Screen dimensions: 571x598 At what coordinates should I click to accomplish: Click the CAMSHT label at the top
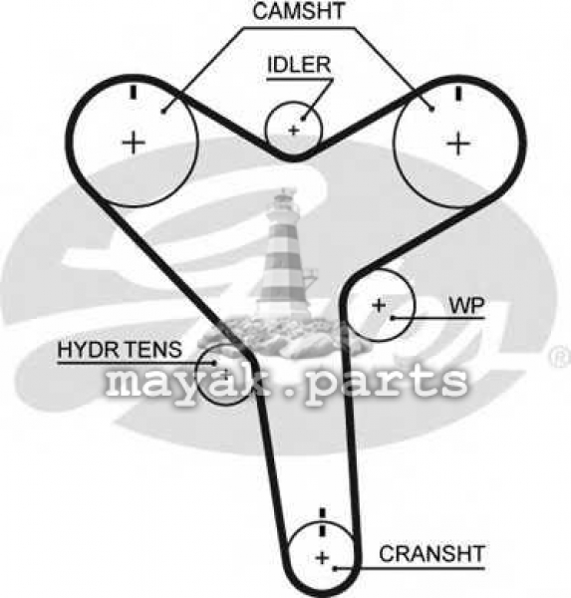tap(299, 11)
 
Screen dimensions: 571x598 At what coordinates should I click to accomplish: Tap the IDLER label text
tap(299, 65)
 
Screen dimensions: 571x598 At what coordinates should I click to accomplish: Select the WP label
tap(466, 305)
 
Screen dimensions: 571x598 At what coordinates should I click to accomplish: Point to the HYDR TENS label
tap(120, 350)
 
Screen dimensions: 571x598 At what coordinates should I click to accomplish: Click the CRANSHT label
tap(431, 554)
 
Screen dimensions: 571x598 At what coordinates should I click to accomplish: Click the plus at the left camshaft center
tap(134, 143)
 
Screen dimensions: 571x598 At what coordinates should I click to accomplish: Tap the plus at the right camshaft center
tap(458, 144)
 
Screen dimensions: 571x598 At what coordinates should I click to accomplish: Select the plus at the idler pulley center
tap(293, 131)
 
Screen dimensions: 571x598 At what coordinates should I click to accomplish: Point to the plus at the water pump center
tap(379, 305)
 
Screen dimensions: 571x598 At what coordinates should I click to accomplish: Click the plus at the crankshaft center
tap(323, 558)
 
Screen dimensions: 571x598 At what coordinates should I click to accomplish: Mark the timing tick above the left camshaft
tap(134, 93)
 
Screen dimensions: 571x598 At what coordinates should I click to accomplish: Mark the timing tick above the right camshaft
tap(458, 93)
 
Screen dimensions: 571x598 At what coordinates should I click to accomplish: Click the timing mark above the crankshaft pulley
tap(323, 521)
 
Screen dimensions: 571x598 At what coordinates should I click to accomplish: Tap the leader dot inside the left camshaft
tap(163, 112)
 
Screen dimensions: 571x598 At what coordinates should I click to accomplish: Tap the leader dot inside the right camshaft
tap(431, 110)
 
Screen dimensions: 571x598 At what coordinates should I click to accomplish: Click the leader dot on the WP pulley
tap(392, 317)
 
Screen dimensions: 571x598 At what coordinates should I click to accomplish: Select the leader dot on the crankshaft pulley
tap(335, 569)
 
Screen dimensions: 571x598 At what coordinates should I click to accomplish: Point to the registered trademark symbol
tap(560, 358)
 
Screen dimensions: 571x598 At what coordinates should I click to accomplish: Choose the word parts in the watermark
tap(386, 382)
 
